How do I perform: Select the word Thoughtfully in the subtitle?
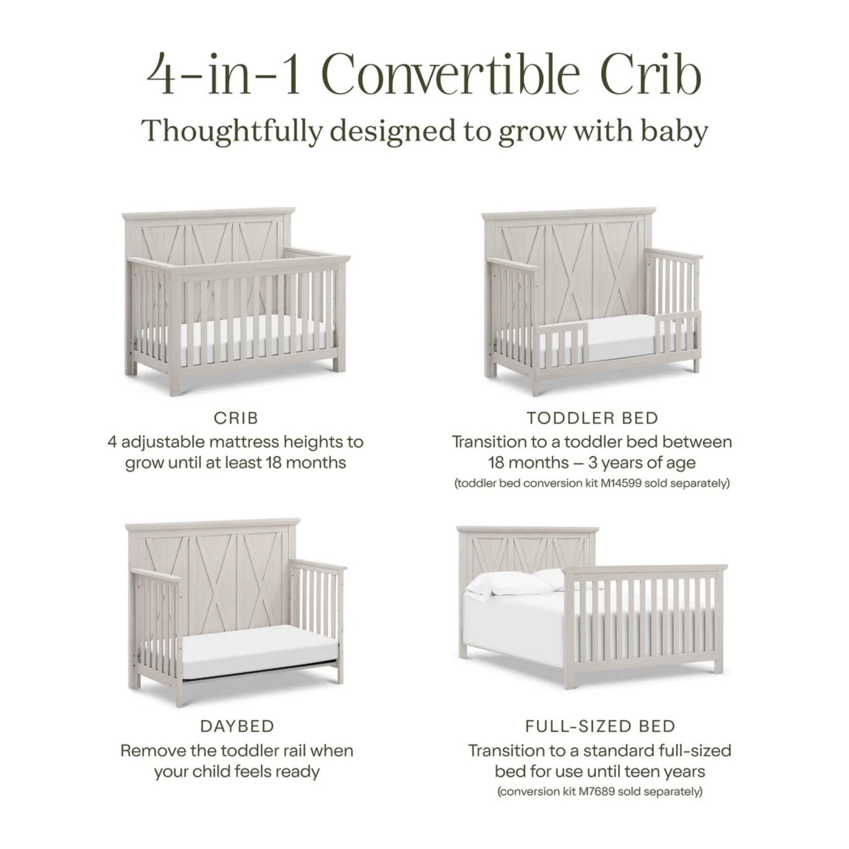pyautogui.click(x=232, y=131)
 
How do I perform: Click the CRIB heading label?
pyautogui.click(x=236, y=418)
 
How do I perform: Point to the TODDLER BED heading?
pyautogui.click(x=592, y=418)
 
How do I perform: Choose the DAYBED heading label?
pyautogui.click(x=237, y=726)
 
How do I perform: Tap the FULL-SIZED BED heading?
pyautogui.click(x=600, y=726)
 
